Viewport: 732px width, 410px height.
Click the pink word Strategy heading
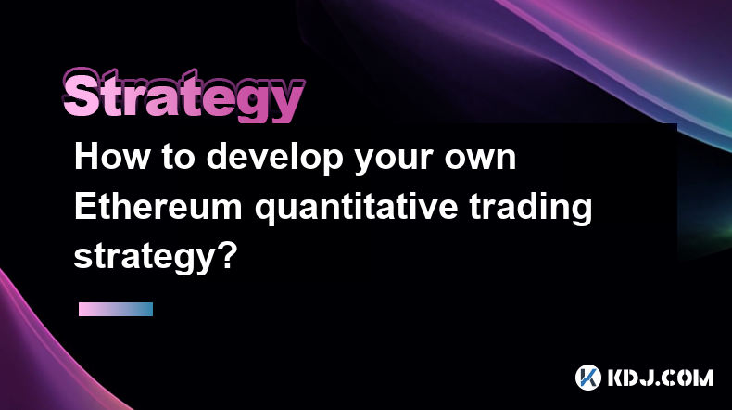tap(183, 96)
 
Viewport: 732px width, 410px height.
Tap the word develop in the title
tap(275, 158)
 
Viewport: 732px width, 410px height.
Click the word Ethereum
tap(158, 206)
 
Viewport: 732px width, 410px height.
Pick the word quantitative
tap(356, 209)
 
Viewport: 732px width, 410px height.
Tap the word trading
tap(530, 209)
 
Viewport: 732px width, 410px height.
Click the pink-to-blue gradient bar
tap(116, 309)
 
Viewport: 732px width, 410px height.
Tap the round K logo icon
tap(588, 378)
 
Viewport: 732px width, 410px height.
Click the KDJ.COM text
tap(661, 378)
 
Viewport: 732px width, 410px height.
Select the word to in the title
tap(178, 158)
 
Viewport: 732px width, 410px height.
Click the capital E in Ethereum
tap(85, 206)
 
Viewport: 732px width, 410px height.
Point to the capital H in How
tap(86, 157)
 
